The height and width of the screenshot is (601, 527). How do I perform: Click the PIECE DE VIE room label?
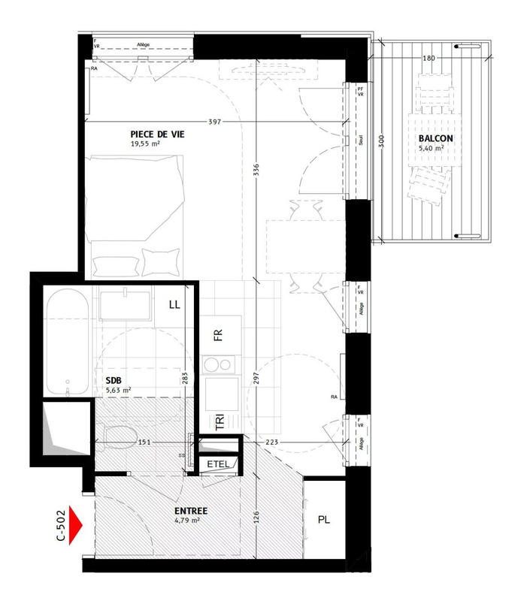[158, 134]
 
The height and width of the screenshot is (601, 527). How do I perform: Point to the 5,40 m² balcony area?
[431, 149]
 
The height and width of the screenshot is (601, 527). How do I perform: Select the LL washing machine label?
[174, 304]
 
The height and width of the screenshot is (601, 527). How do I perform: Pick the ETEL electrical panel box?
[220, 465]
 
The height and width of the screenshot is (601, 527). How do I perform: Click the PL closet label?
[325, 519]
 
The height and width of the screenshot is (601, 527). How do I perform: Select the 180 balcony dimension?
[429, 58]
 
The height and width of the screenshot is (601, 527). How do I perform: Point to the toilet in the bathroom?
[120, 435]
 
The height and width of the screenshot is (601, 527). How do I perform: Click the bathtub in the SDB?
[68, 342]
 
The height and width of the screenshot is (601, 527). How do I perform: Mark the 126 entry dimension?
[257, 518]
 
